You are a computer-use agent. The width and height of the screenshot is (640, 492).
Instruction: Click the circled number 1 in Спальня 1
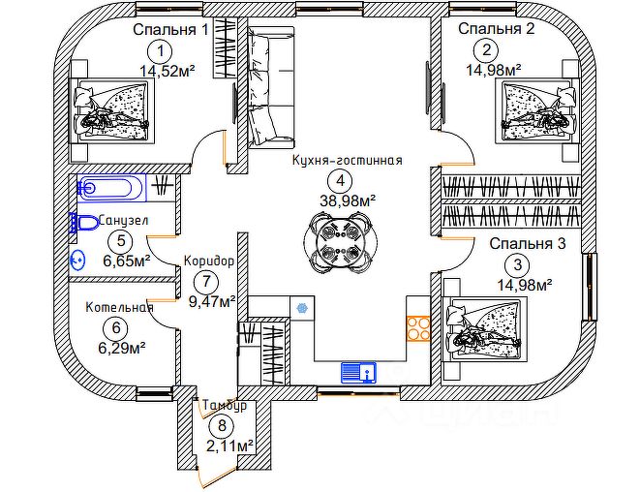161,51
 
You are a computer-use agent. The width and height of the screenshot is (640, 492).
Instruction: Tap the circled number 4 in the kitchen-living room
337,180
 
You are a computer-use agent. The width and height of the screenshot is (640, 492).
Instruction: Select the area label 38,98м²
347,200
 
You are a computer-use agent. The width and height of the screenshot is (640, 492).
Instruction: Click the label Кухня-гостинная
346,162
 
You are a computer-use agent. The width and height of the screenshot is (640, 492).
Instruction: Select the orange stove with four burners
418,327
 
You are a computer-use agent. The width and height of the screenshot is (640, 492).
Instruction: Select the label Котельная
119,308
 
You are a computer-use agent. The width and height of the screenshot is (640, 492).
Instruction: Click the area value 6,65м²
126,261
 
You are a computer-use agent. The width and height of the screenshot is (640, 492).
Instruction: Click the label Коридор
208,261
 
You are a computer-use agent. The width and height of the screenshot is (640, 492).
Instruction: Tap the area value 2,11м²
229,446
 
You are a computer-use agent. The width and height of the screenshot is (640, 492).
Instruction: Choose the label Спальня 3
527,243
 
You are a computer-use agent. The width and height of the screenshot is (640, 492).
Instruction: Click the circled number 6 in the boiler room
118,327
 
